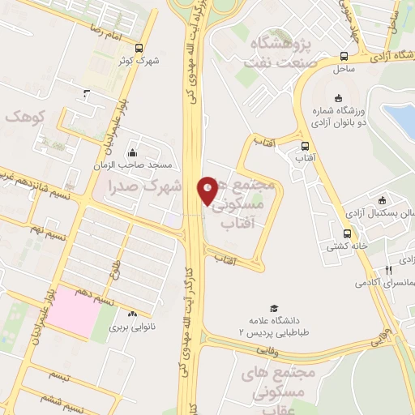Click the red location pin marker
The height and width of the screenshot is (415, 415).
[x=207, y=190]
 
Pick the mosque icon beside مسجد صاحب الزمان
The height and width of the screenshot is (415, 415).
[x=132, y=153]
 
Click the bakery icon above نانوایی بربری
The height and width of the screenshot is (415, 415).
[x=132, y=313]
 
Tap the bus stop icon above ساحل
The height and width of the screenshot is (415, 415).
[x=345, y=56]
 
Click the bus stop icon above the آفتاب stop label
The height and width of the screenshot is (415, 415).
[x=305, y=147]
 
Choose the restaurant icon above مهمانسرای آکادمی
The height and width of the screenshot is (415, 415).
[x=388, y=271]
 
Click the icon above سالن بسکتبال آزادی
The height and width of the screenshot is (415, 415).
[x=382, y=200]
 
